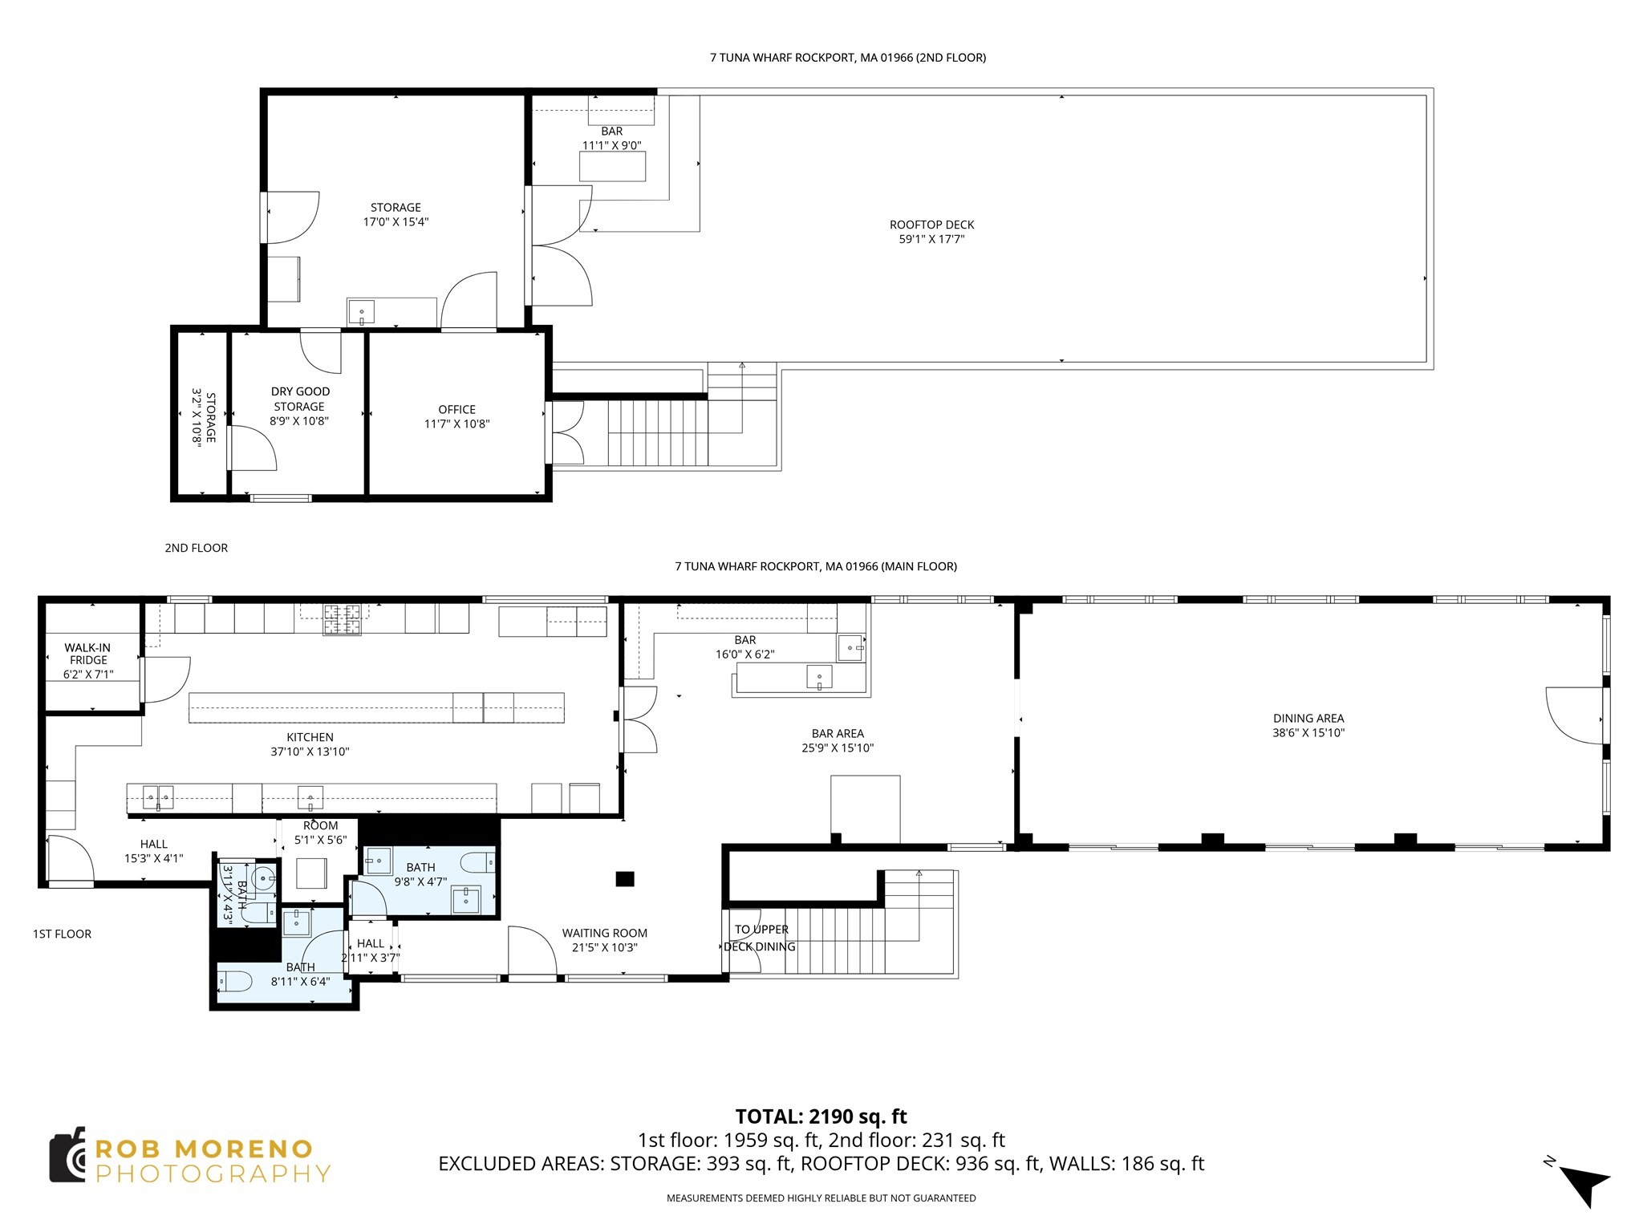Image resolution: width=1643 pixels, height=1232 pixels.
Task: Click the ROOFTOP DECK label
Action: coord(931,225)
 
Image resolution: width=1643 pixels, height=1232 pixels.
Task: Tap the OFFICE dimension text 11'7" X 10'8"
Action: coord(456,424)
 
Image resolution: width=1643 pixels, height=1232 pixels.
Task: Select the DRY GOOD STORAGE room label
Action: coord(300,399)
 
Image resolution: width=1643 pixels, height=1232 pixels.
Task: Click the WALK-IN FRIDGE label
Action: coord(88,653)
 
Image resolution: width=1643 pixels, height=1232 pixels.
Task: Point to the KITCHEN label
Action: coord(310,737)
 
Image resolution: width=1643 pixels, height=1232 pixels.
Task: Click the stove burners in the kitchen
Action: coord(343,619)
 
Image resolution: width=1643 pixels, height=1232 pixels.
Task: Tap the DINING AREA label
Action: coord(1308,719)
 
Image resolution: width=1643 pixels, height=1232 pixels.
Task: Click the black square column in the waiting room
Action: coord(625,879)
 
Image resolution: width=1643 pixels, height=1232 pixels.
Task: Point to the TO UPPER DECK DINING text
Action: coord(761,938)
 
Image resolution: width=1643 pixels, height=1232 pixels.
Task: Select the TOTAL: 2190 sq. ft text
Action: coord(821,1116)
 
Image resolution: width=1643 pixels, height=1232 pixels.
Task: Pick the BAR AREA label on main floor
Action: coord(837,733)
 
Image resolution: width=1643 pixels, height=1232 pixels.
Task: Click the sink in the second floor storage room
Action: coord(361,311)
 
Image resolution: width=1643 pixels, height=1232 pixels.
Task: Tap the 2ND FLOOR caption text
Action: coord(197,548)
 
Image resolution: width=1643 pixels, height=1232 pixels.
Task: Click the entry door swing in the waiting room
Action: coord(531,952)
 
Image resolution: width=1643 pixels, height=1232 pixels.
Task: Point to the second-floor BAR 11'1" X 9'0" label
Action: coord(611,138)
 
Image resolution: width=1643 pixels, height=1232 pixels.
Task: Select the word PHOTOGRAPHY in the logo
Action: coord(213,1174)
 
